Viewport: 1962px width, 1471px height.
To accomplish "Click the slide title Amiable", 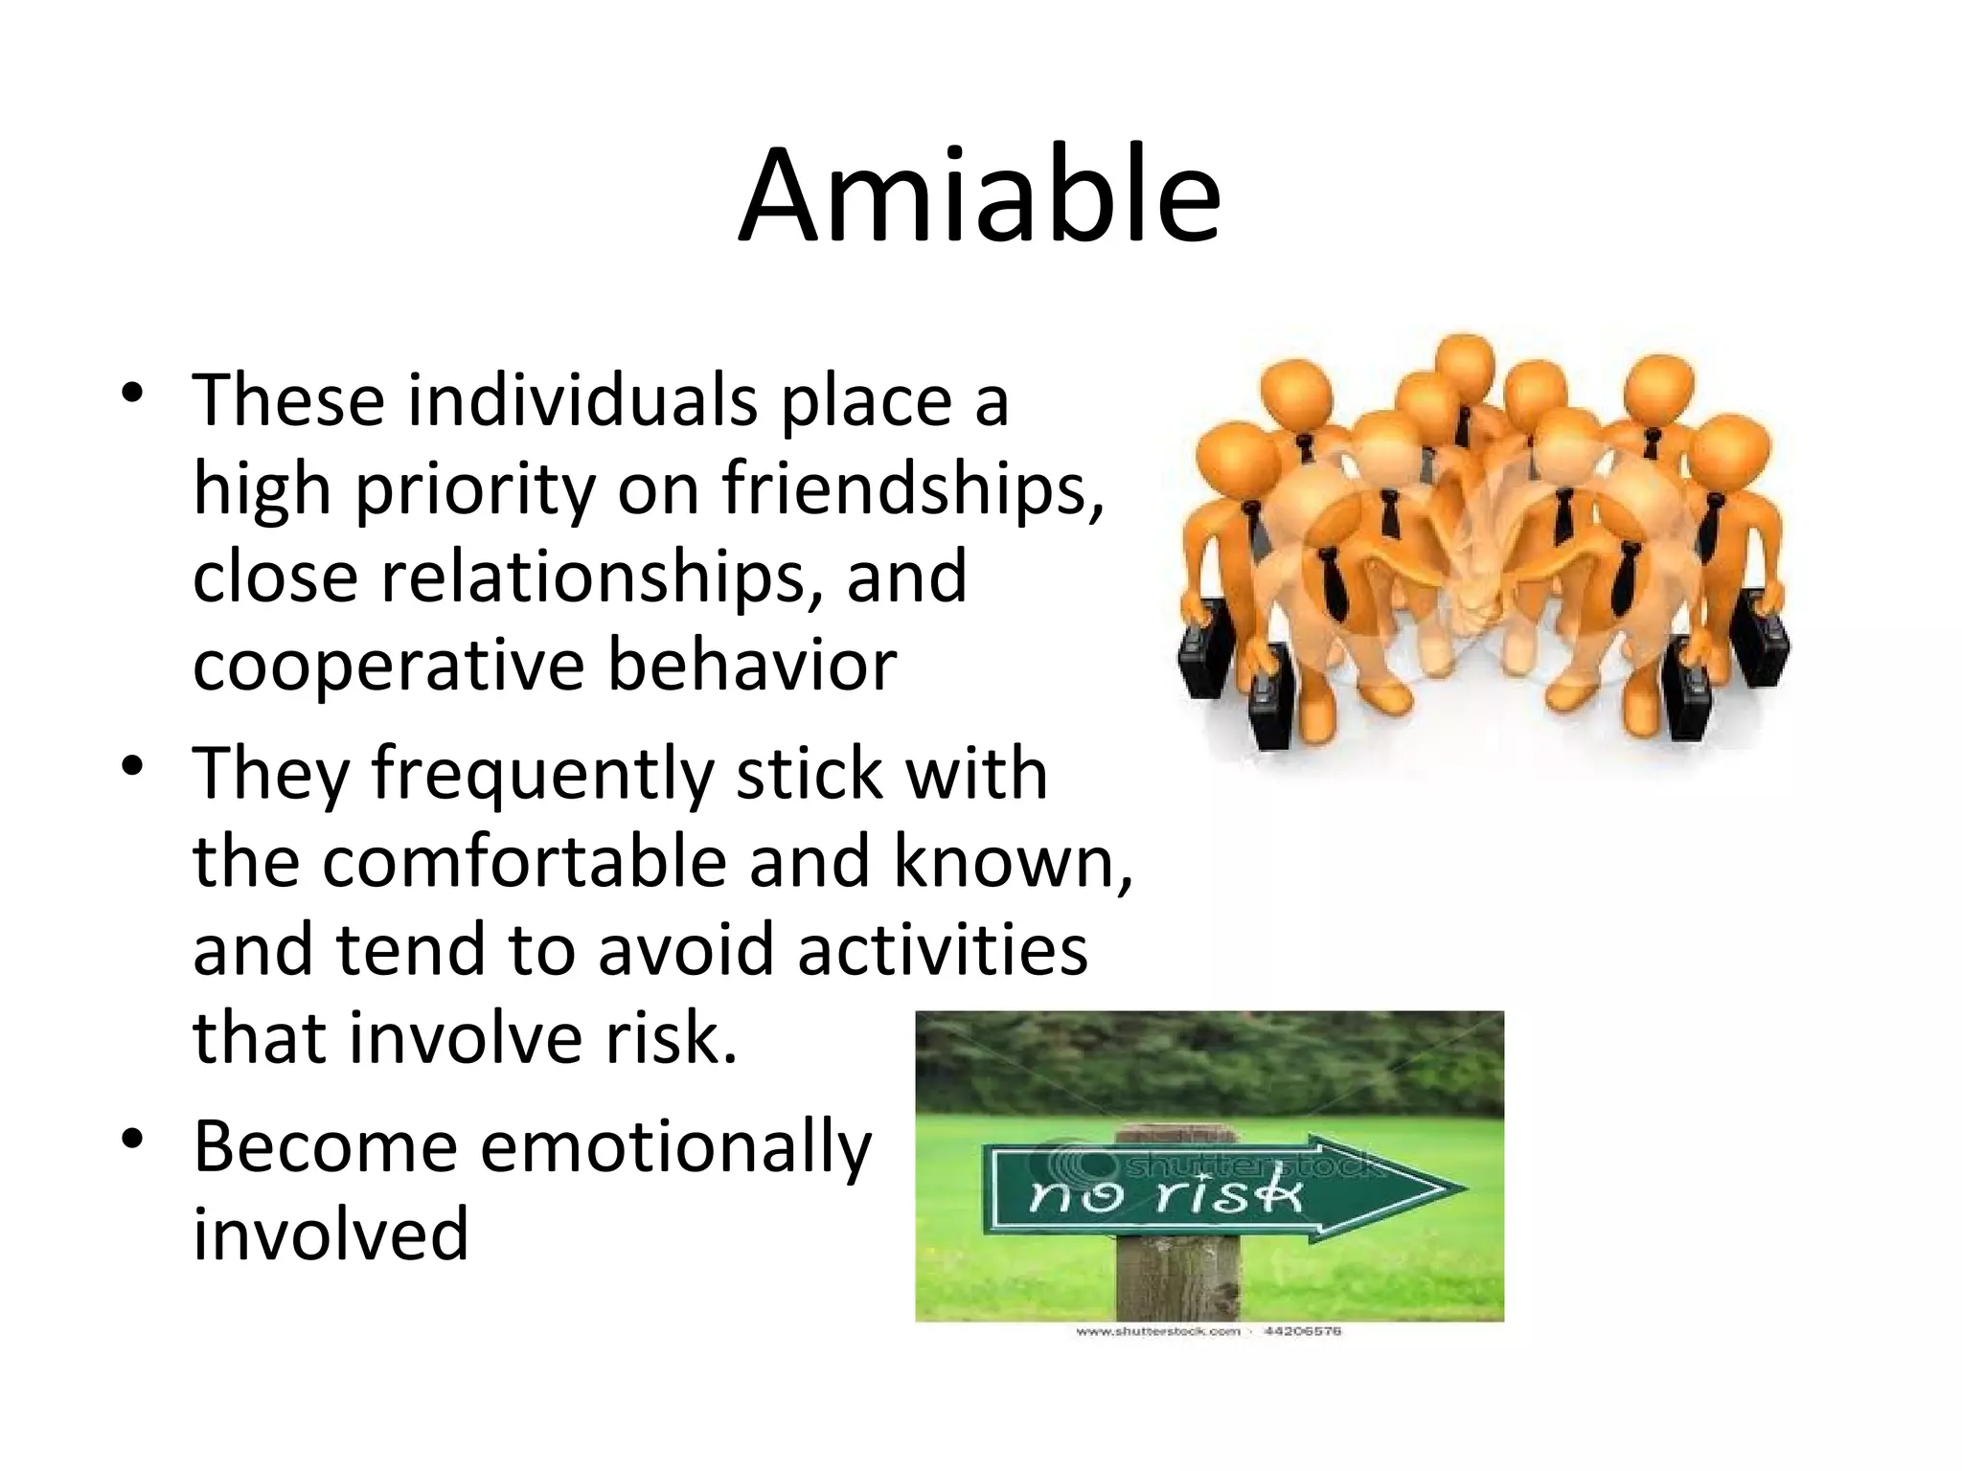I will point(979,196).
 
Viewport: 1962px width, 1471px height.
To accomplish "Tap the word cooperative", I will point(388,666).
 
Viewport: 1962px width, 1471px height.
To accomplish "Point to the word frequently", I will point(542,774).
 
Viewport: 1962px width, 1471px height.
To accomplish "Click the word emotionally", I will point(675,1146).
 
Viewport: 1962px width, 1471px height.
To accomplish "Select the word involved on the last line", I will point(331,1234).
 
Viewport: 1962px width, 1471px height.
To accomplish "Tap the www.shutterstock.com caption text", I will point(1157,1331).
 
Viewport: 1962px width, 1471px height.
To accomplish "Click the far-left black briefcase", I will point(1203,651).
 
